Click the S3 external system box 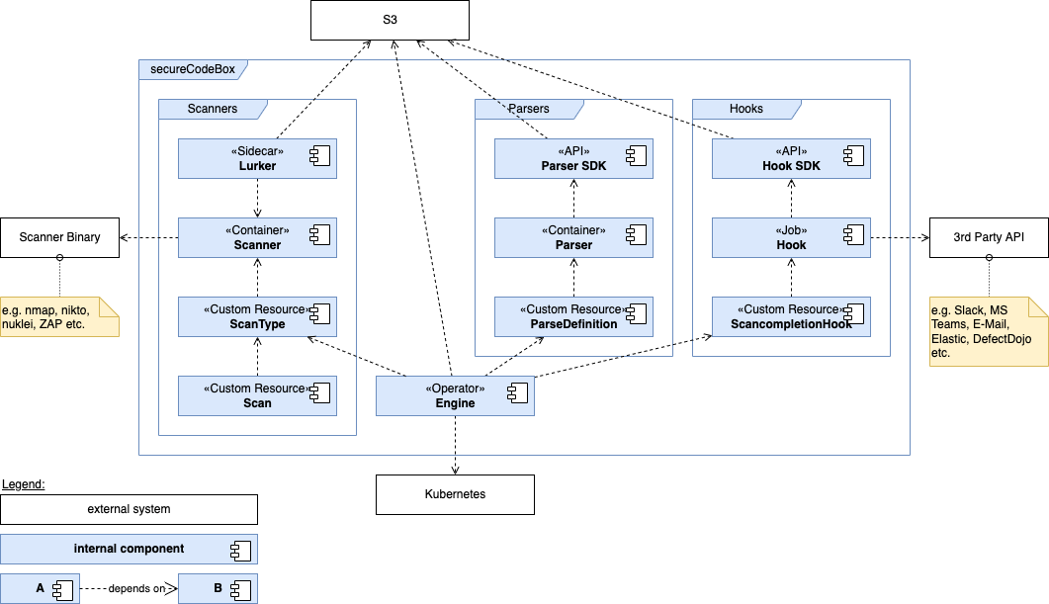[x=390, y=20]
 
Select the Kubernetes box [x=454, y=494]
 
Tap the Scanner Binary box [x=59, y=237]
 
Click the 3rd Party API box [x=988, y=237]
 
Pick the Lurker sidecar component [x=257, y=158]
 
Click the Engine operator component [x=455, y=395]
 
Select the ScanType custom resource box [x=257, y=316]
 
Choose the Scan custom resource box [x=257, y=395]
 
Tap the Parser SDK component [x=573, y=158]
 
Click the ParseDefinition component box [x=573, y=316]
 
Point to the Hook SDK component [x=791, y=158]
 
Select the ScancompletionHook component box [x=791, y=316]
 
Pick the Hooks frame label [x=745, y=108]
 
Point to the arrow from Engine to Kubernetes [x=455, y=445]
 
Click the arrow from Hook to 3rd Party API [x=900, y=237]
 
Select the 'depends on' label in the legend [x=137, y=589]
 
